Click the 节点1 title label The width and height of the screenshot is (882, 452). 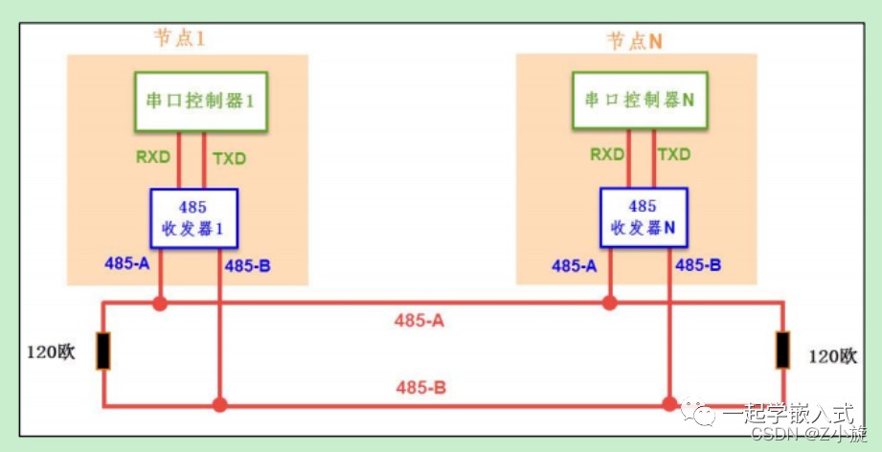pos(179,38)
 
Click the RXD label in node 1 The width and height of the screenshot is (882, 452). pos(153,157)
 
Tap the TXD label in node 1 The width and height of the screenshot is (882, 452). pos(230,159)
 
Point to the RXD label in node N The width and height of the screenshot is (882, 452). pos(607,154)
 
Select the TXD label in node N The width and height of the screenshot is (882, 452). pos(674,154)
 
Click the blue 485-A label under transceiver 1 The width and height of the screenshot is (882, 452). pos(127,262)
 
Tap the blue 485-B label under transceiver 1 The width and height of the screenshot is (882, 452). pos(247,265)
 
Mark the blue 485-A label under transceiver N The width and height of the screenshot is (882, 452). pos(575,265)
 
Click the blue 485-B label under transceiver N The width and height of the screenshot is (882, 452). pos(698,265)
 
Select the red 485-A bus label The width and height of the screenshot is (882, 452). pos(419,321)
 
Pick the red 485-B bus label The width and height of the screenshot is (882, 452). pos(420,387)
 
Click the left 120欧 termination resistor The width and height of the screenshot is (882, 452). pos(102,350)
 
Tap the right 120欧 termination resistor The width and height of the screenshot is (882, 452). pos(782,350)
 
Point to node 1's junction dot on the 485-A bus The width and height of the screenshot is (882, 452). pos(160,305)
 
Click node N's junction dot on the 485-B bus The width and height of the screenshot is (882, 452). pos(670,404)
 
